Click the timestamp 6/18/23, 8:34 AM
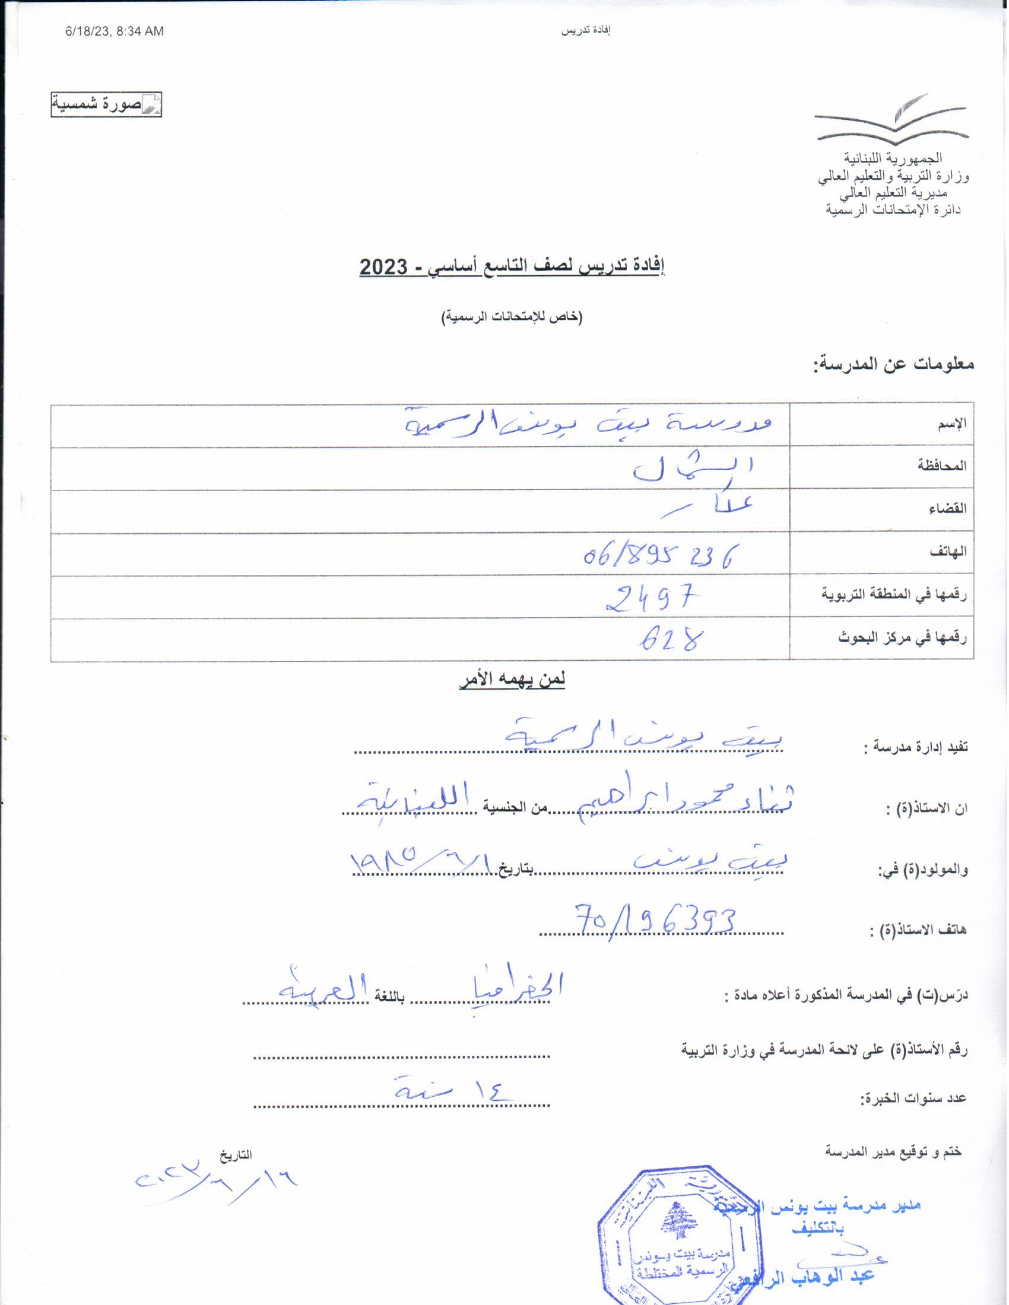113,31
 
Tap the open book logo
891,119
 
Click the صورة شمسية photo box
106,105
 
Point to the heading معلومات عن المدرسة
893,363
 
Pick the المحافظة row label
942,466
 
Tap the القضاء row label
948,509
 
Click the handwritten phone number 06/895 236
658,555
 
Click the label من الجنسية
507,808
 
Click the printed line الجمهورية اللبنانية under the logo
893,158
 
